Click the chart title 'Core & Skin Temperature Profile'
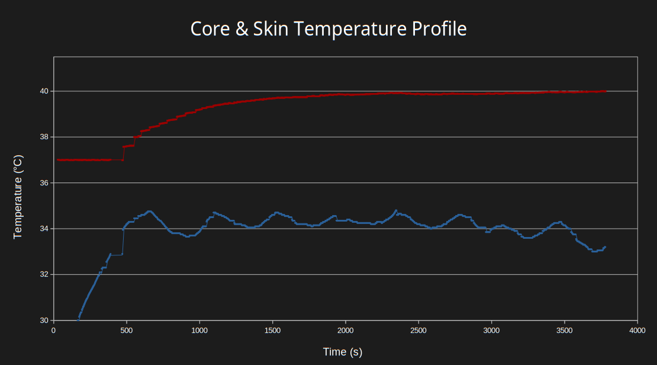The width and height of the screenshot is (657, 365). click(328, 28)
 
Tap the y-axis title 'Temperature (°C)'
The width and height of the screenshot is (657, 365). click(18, 197)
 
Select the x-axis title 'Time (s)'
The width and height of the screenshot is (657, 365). click(342, 352)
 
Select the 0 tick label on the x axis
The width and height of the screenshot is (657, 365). click(54, 330)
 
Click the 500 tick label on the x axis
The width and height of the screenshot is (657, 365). click(127, 330)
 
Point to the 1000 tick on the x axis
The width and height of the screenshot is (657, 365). click(199, 330)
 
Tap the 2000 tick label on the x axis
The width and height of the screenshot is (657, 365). click(346, 330)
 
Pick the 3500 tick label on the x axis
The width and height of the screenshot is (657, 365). click(565, 330)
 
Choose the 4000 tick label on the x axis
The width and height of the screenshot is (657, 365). click(637, 330)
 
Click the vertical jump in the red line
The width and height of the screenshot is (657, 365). click(123, 153)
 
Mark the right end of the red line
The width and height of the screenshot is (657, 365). click(606, 91)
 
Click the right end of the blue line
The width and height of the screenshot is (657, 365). click(605, 247)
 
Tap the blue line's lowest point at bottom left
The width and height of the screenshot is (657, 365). click(78, 319)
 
